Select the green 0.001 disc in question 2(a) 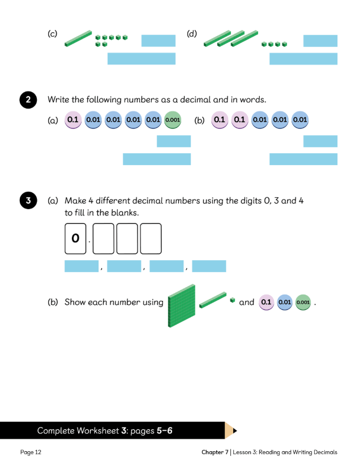pos(173,120)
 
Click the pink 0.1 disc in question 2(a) pos(74,120)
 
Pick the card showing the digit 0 pos(75,239)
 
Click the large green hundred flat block pos(181,305)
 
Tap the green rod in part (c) pos(78,37)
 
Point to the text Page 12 pos(31,452)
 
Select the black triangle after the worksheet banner pos(234,431)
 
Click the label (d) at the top pos(192,34)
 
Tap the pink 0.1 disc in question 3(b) pos(265,303)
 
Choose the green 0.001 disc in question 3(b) pos(303,303)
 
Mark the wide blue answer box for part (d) pos(303,59)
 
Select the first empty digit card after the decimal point pos(104,239)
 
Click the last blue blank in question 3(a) pos(209,266)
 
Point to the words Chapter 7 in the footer pos(215,452)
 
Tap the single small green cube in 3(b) pos(232,300)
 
